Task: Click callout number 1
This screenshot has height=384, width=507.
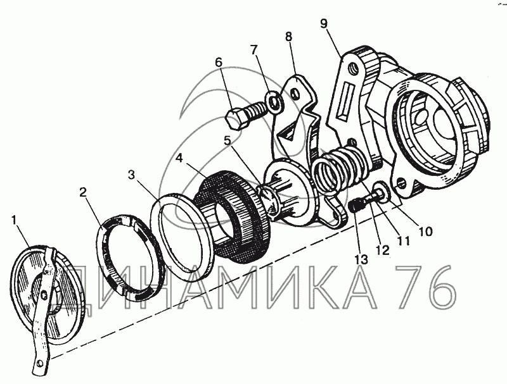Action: point(13,220)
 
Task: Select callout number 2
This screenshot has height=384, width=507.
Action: point(83,193)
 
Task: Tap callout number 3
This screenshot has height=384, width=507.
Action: point(131,175)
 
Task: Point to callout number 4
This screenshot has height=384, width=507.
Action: point(179,158)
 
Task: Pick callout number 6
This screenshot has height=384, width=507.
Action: point(219,62)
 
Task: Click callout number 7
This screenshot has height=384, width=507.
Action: point(254,49)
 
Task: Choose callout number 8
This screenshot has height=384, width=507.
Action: point(289,37)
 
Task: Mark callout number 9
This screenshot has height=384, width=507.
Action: point(324,23)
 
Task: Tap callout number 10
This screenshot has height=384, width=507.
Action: point(425,231)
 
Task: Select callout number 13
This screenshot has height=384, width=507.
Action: point(361,259)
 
